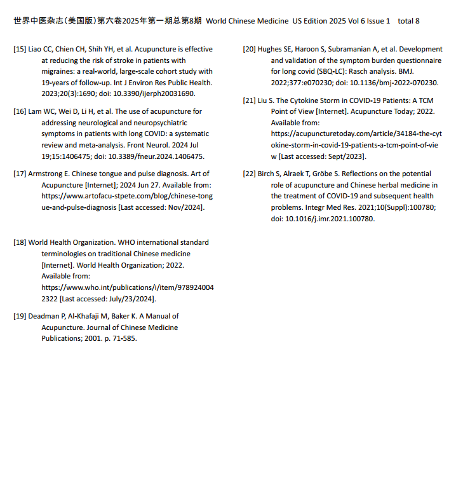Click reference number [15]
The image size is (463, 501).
20,49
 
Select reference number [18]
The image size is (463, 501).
20,242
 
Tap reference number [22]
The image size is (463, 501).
250,174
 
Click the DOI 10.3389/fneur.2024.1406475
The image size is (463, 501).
166,156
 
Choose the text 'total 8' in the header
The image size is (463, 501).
408,21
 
